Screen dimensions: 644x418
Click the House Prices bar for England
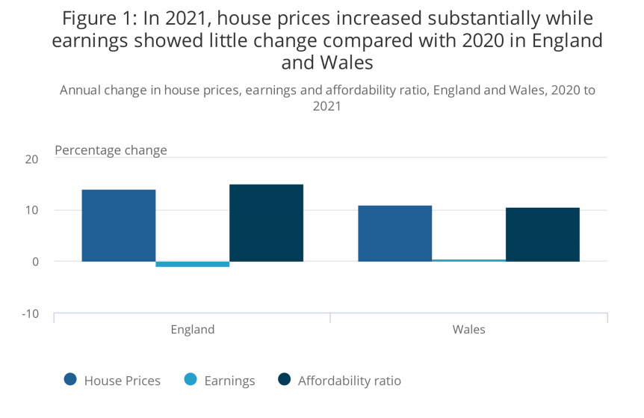click(x=119, y=226)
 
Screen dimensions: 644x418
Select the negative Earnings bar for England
click(x=193, y=264)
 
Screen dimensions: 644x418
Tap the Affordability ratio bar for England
click(x=267, y=223)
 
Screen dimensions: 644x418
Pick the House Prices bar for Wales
click(x=395, y=233)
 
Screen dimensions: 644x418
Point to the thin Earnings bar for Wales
click(x=469, y=260)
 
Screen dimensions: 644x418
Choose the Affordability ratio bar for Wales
click(x=543, y=235)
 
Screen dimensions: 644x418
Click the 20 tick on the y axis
click(x=31, y=159)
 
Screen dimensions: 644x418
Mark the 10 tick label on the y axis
click(x=31, y=210)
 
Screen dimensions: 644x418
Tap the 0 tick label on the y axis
click(x=35, y=262)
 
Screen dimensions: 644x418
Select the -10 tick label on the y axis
click(x=31, y=314)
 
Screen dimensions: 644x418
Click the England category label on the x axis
click(x=193, y=330)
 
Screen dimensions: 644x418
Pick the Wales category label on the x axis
click(x=469, y=330)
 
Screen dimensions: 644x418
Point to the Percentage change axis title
click(x=111, y=150)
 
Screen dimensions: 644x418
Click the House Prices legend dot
click(x=71, y=379)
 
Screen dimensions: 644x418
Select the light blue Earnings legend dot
click(x=191, y=379)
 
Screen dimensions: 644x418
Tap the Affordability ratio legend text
click(x=350, y=381)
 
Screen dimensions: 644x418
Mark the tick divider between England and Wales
click(x=330, y=318)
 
